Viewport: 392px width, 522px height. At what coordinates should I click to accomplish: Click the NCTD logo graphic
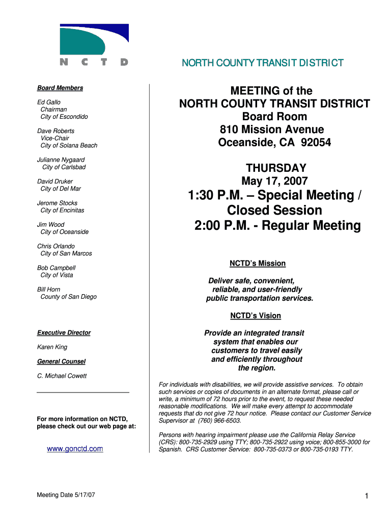94,45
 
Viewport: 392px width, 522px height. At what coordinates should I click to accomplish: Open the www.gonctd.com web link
75,449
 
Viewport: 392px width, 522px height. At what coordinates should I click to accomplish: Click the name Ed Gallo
49,102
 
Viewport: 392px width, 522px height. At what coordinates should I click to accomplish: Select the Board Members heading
60,88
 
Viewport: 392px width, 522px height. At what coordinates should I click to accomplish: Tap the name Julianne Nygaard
61,160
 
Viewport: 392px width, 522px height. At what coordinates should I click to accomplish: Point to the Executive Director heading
64,333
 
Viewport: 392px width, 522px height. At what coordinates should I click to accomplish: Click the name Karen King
52,347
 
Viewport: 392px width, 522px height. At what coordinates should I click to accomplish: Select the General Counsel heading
61,361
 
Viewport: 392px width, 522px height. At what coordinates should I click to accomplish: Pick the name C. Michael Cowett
62,376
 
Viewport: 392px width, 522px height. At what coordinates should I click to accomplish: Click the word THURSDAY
276,168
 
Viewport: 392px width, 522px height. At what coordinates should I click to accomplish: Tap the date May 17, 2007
274,181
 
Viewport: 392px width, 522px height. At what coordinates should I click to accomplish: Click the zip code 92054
316,143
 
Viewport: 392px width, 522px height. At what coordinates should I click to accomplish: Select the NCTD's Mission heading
258,264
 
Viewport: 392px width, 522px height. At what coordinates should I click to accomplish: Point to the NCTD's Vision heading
255,316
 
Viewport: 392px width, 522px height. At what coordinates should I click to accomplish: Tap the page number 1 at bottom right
366,497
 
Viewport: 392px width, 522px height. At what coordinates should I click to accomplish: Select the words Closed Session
274,210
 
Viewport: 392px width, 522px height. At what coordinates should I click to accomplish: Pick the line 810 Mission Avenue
272,129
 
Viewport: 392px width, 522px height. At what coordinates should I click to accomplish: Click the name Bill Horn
49,290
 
